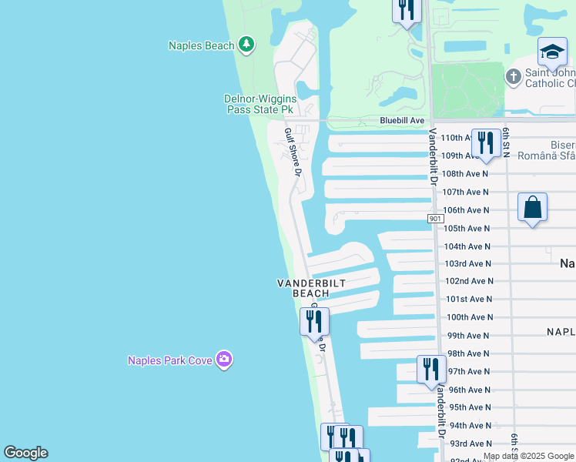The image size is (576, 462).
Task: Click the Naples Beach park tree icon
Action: point(246,45)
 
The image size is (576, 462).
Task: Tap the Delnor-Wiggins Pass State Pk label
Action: point(260,104)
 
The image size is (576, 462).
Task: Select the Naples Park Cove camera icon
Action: point(224,359)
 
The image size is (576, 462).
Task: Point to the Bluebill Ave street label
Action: point(402,121)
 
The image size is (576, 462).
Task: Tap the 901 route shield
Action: point(435,219)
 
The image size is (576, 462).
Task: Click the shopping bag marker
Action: point(532,207)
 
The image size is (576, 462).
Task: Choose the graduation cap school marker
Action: point(552,52)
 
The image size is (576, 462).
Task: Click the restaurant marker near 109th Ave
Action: point(485,142)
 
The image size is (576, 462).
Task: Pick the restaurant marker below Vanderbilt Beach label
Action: point(314,320)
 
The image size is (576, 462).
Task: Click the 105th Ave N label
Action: point(467,228)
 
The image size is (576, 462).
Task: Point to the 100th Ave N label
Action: point(467,317)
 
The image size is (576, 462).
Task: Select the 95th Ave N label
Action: point(468,407)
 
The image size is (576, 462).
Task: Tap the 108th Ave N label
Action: point(467,174)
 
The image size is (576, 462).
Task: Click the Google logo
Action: point(25,453)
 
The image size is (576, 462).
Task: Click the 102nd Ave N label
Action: point(468,281)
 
